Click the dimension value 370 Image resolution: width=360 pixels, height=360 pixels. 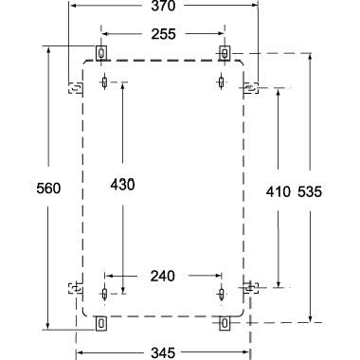[163, 8]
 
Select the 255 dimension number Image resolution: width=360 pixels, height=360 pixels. [163, 34]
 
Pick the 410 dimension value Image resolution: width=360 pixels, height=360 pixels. [278, 191]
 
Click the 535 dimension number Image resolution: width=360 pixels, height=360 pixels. [309, 191]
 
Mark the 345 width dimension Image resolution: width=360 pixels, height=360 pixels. [163, 351]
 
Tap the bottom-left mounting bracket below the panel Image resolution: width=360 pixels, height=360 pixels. [102, 323]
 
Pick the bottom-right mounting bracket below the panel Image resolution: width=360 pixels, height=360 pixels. [225, 323]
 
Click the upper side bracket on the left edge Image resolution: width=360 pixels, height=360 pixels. [75, 88]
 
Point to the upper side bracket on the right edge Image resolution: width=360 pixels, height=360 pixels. [250, 88]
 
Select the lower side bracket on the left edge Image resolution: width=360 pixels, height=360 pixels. [75, 286]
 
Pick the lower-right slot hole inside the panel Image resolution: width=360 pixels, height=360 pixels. [221, 290]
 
